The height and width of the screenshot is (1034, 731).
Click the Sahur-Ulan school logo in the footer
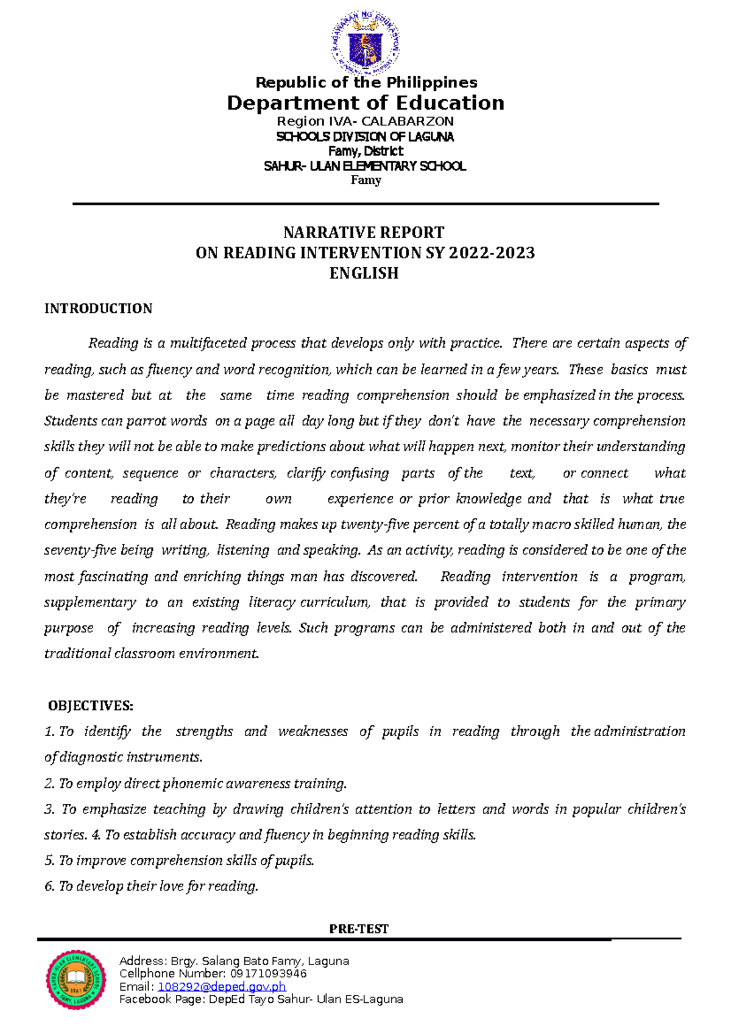pos(76,979)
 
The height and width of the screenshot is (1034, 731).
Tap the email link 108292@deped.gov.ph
pos(222,987)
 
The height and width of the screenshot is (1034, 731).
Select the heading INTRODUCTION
pos(98,309)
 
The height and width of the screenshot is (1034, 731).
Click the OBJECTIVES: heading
pos(91,706)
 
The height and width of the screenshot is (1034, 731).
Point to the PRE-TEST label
pos(359,929)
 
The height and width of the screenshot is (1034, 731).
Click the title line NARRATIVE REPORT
pos(364,233)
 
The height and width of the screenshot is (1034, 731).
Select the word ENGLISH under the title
pos(364,273)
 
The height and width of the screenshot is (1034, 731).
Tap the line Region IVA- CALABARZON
pos(365,121)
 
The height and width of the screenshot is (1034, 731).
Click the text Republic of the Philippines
pos(366,82)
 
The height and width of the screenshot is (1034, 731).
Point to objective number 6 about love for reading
pos(152,886)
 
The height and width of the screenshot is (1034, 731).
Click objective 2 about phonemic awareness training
pos(195,784)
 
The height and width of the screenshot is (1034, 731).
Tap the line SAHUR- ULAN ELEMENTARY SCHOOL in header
pos(365,166)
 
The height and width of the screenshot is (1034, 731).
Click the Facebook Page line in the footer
pos(261,999)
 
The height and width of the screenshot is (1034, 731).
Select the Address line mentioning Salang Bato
pos(234,961)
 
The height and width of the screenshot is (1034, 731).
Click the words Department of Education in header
pos(365,103)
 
